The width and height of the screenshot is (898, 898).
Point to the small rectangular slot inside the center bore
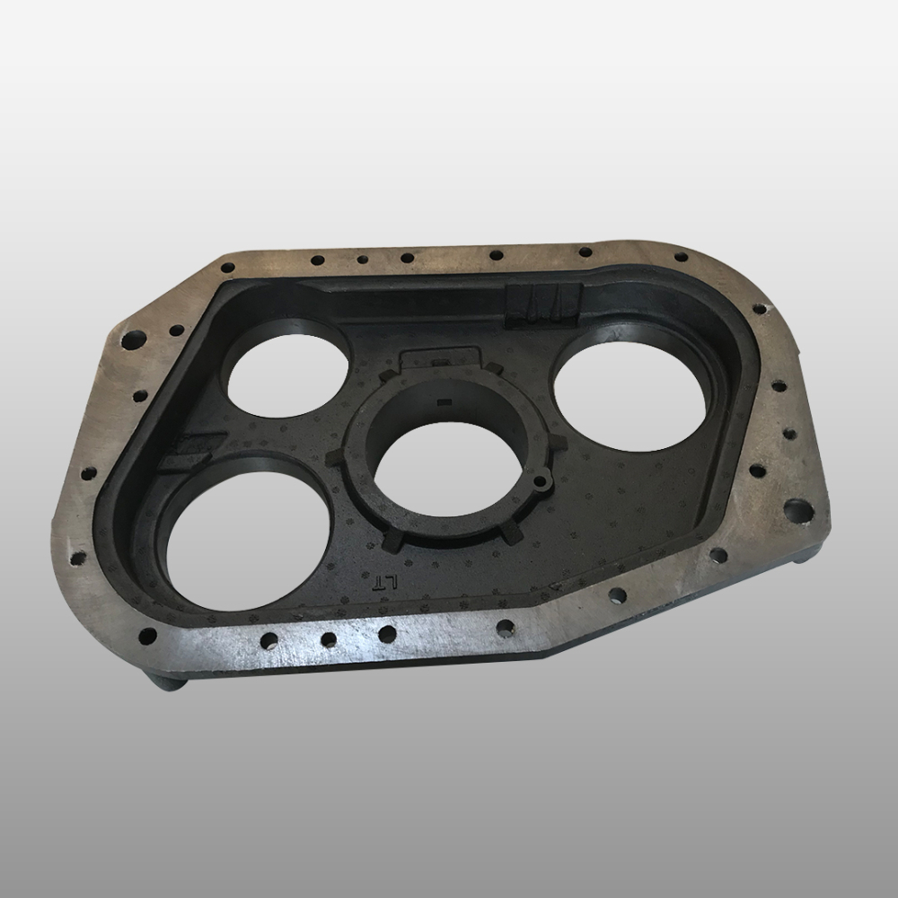(x=444, y=401)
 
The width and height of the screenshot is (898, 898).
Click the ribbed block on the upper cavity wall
(x=544, y=306)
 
